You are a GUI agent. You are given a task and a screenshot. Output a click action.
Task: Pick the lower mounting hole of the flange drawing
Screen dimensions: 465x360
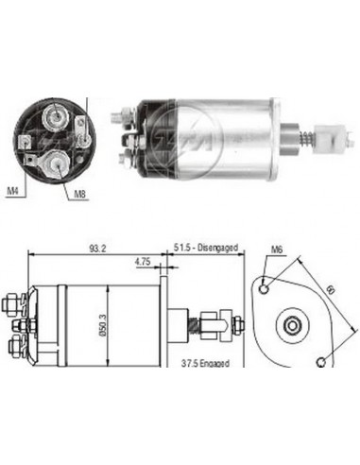324,359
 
